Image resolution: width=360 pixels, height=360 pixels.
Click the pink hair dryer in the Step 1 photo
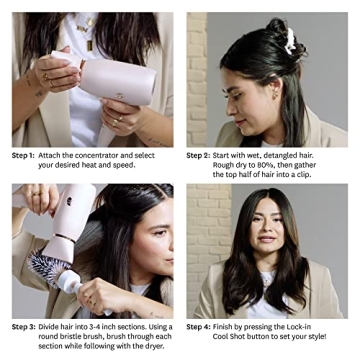(105, 80)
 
